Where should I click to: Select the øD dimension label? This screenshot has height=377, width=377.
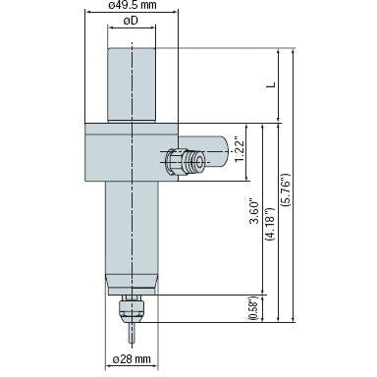pos(131,22)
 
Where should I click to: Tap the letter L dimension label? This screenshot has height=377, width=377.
pos(268,86)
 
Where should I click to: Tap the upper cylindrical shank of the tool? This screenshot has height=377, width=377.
pos(131,83)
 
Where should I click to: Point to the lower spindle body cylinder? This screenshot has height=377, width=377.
pos(131,231)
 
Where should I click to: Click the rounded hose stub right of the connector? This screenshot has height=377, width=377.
pos(218,152)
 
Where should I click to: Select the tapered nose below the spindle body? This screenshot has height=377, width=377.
pos(131,285)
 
